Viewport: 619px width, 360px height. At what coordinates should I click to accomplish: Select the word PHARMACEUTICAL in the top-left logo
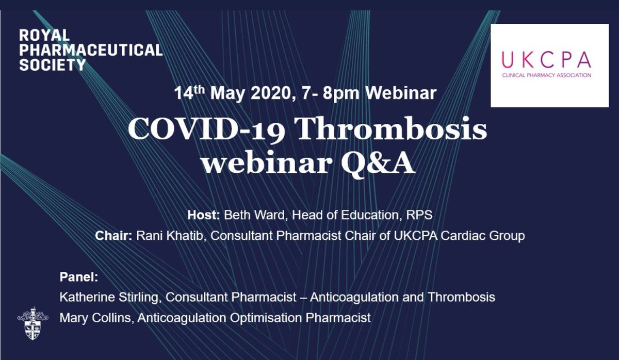click(91, 50)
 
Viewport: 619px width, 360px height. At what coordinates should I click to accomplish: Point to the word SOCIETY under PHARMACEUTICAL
click(52, 64)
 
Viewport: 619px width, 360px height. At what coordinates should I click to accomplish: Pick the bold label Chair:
click(115, 236)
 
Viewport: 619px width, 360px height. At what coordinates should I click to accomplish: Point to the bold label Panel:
click(78, 277)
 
